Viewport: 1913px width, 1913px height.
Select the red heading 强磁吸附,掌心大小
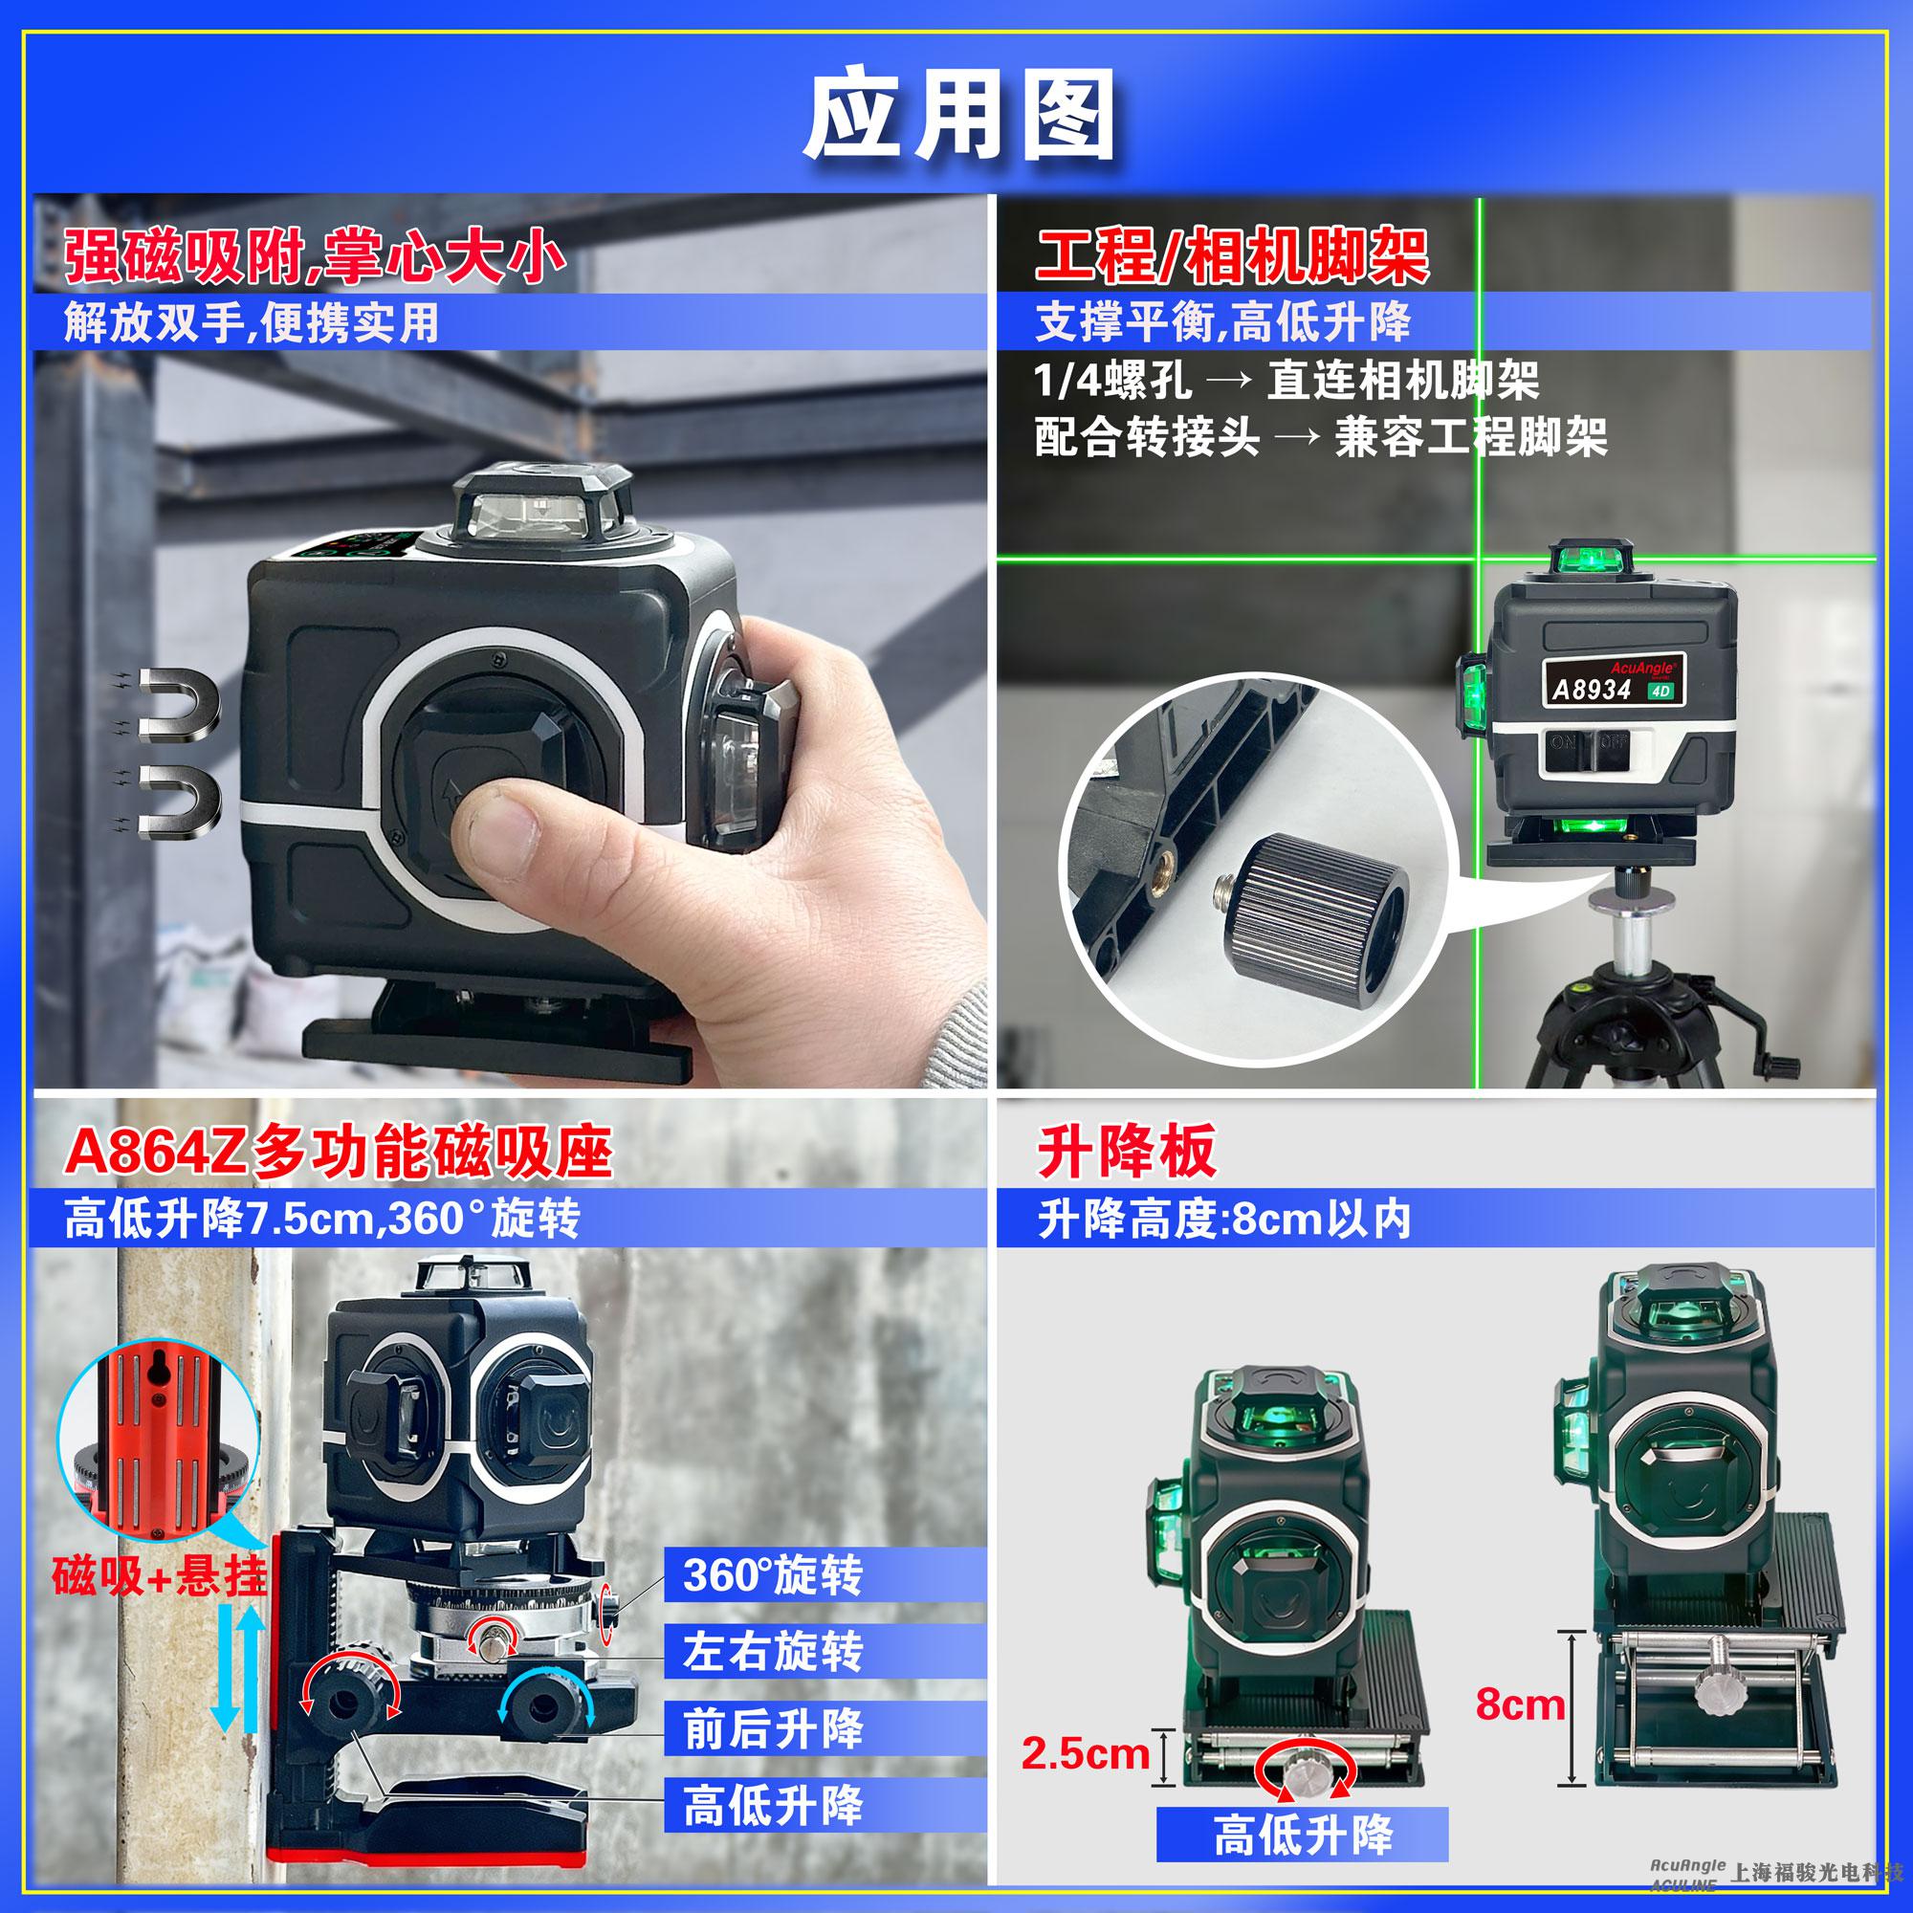click(x=315, y=255)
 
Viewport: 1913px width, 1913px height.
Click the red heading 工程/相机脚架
click(x=1233, y=255)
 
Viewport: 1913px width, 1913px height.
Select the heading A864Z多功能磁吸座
click(x=338, y=1152)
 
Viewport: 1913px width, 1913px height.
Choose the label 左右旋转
click(x=772, y=1652)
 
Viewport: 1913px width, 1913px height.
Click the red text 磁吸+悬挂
click(x=160, y=1576)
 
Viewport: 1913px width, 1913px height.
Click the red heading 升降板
click(x=1127, y=1152)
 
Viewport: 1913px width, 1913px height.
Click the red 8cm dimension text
click(x=1520, y=1704)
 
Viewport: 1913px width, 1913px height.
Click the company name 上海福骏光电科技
click(x=1816, y=1872)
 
